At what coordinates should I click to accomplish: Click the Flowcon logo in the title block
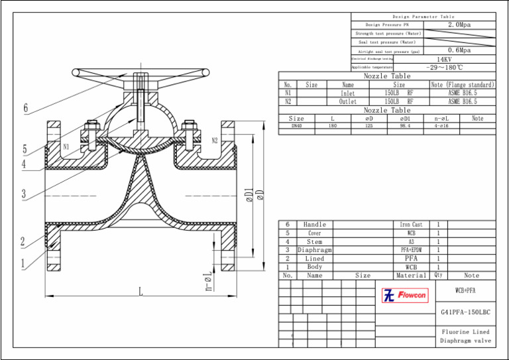(405, 295)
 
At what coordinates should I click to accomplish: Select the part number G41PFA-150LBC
(465, 312)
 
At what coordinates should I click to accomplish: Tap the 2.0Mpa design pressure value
(459, 25)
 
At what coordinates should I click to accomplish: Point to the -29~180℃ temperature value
(444, 67)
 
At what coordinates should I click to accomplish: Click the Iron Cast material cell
(411, 225)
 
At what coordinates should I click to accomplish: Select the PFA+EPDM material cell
(411, 250)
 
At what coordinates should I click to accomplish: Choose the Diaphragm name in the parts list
(315, 250)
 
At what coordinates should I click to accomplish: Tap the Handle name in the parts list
(315, 225)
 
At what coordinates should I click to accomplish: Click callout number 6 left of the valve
(26, 108)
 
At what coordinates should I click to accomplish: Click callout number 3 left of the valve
(23, 194)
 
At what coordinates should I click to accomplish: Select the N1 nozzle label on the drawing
(66, 147)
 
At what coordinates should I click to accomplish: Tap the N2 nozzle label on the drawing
(215, 141)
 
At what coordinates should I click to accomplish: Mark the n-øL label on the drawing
(208, 281)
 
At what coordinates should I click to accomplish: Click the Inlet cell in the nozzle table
(348, 93)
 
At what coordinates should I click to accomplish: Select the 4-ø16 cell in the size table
(441, 125)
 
